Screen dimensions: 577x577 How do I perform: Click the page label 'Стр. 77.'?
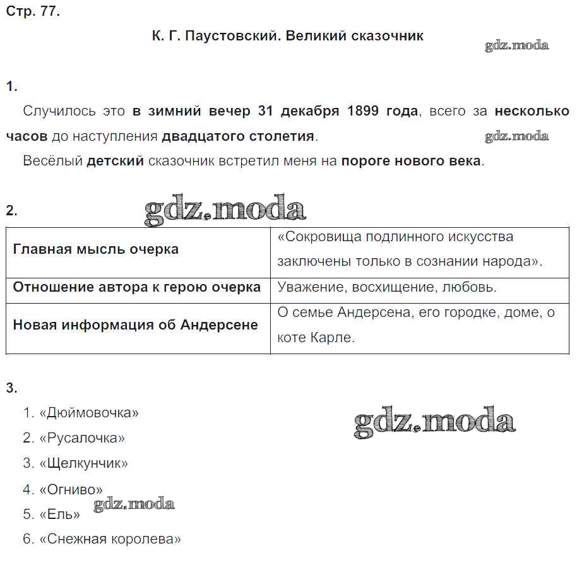33,11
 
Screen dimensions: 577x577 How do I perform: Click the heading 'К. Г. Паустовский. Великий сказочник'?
288,36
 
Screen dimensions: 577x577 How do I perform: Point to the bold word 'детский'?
115,161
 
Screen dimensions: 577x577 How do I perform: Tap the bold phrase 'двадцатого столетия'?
238,136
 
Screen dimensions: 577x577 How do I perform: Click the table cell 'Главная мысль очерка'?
96,249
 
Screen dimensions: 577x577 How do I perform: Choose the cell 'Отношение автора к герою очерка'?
137,287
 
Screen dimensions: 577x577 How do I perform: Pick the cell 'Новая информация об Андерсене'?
136,325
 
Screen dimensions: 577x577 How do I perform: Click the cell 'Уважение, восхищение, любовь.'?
387,287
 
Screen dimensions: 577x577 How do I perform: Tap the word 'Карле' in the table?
333,338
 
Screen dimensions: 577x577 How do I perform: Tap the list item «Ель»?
59,515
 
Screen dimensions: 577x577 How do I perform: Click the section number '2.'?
12,211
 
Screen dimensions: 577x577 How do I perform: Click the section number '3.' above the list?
12,388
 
